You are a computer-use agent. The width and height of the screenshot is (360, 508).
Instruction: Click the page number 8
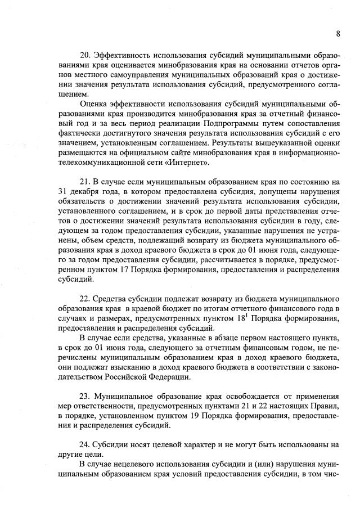tap(338, 33)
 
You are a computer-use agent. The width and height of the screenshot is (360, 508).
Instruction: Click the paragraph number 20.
tap(86, 55)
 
